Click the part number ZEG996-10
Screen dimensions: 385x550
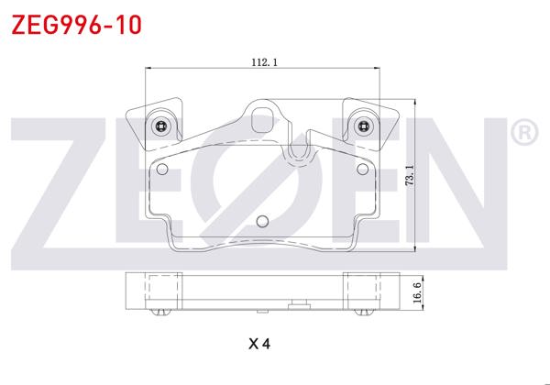click(x=76, y=24)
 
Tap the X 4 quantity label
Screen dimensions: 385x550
click(x=260, y=345)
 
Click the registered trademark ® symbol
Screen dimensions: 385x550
click(x=523, y=134)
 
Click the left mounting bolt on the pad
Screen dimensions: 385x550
click(x=161, y=126)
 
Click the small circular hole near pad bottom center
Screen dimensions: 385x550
click(x=262, y=220)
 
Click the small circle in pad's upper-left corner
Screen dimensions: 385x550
click(x=164, y=169)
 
